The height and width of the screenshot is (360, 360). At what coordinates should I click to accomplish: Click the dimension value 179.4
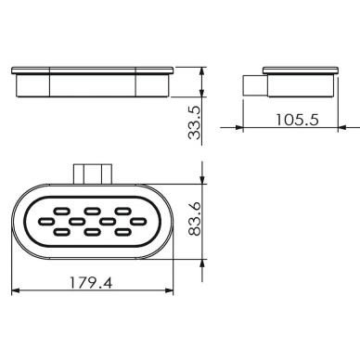click(x=91, y=282)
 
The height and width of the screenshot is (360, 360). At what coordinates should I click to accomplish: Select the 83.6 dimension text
click(x=195, y=219)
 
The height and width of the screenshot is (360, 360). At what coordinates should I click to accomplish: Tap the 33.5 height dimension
click(x=195, y=122)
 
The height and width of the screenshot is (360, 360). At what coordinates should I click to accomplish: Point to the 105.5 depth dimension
click(x=297, y=120)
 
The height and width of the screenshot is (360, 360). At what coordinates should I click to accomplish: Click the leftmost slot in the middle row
click(x=46, y=222)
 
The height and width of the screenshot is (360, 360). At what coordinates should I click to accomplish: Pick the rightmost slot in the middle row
click(x=138, y=222)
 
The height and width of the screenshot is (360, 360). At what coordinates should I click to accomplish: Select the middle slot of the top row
click(x=92, y=212)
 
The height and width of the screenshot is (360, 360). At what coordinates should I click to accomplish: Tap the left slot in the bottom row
click(x=61, y=231)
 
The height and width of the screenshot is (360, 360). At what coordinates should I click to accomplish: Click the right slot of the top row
click(x=122, y=212)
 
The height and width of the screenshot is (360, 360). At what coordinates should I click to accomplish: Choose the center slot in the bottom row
click(x=92, y=231)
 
